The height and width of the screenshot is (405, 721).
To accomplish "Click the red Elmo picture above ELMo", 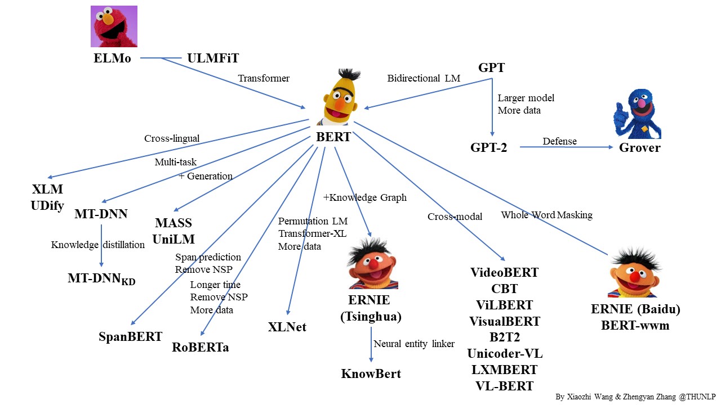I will [x=114, y=26].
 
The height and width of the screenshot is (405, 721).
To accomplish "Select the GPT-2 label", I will [x=489, y=147].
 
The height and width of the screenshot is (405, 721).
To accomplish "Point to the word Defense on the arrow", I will [x=559, y=141].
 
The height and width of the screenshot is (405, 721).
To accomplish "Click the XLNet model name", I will [x=287, y=327].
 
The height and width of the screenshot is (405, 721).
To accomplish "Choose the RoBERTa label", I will [x=201, y=347].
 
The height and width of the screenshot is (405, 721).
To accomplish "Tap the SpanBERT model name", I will [x=131, y=336].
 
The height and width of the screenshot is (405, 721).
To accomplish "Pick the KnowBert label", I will [x=371, y=373].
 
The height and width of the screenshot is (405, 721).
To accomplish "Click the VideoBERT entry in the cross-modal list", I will [x=504, y=273].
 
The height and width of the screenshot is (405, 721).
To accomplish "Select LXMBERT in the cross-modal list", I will [x=504, y=370].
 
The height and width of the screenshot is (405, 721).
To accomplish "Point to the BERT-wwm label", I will [x=635, y=325].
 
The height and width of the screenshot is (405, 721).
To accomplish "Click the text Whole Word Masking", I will [x=546, y=215].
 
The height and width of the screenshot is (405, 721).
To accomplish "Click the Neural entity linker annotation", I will [x=414, y=344].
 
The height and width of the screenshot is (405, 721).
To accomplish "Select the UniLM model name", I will [x=173, y=239].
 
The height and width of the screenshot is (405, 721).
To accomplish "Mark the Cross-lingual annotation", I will [x=172, y=138].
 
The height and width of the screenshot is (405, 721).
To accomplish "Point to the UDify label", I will [x=47, y=205].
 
